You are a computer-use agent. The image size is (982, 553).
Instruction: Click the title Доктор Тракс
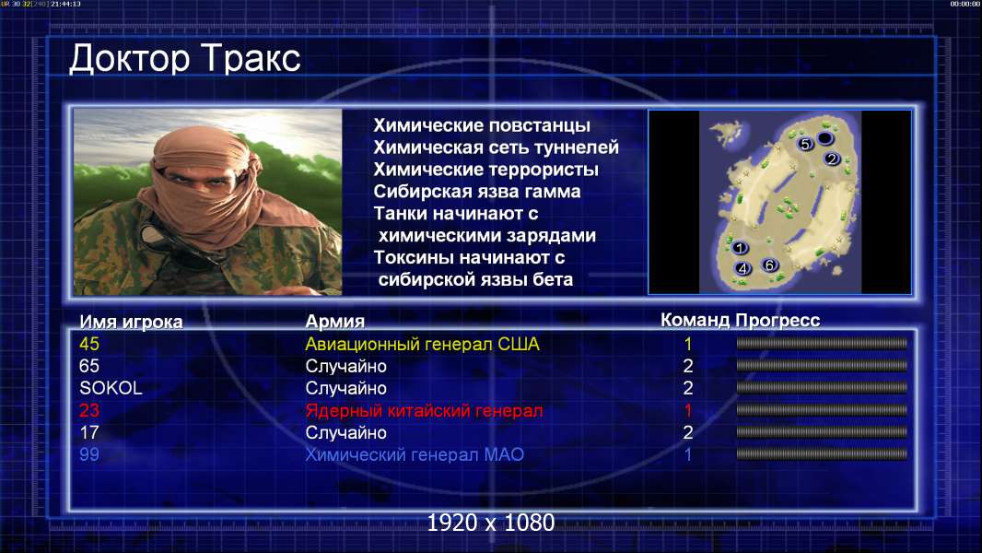click(x=185, y=59)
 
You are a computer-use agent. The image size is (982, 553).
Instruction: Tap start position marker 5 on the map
click(x=805, y=144)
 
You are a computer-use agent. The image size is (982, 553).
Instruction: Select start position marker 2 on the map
click(x=832, y=159)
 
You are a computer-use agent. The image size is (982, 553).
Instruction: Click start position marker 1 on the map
click(x=740, y=248)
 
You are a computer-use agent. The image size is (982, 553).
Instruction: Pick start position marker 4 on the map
click(x=742, y=269)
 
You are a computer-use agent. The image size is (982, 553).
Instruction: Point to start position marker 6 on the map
click(x=770, y=265)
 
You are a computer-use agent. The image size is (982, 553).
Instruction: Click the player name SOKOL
click(x=111, y=388)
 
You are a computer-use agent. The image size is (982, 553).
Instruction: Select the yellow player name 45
click(x=89, y=344)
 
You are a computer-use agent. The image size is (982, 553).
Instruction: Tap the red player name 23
click(x=89, y=410)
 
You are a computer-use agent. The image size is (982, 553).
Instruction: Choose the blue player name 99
click(x=89, y=454)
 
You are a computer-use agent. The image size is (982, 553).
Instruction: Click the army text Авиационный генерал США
click(x=422, y=344)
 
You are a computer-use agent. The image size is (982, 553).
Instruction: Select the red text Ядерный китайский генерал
click(x=424, y=411)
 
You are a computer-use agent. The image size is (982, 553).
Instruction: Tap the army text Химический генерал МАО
click(x=415, y=454)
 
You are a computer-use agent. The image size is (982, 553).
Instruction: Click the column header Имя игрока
click(x=131, y=322)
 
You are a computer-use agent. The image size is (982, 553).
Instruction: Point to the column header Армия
click(x=335, y=322)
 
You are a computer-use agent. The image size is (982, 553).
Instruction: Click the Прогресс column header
click(x=777, y=321)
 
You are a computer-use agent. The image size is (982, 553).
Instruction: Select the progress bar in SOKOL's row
click(x=822, y=388)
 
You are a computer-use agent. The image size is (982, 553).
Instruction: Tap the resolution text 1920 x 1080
click(x=491, y=523)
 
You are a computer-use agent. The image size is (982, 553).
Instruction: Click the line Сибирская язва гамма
click(x=477, y=192)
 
